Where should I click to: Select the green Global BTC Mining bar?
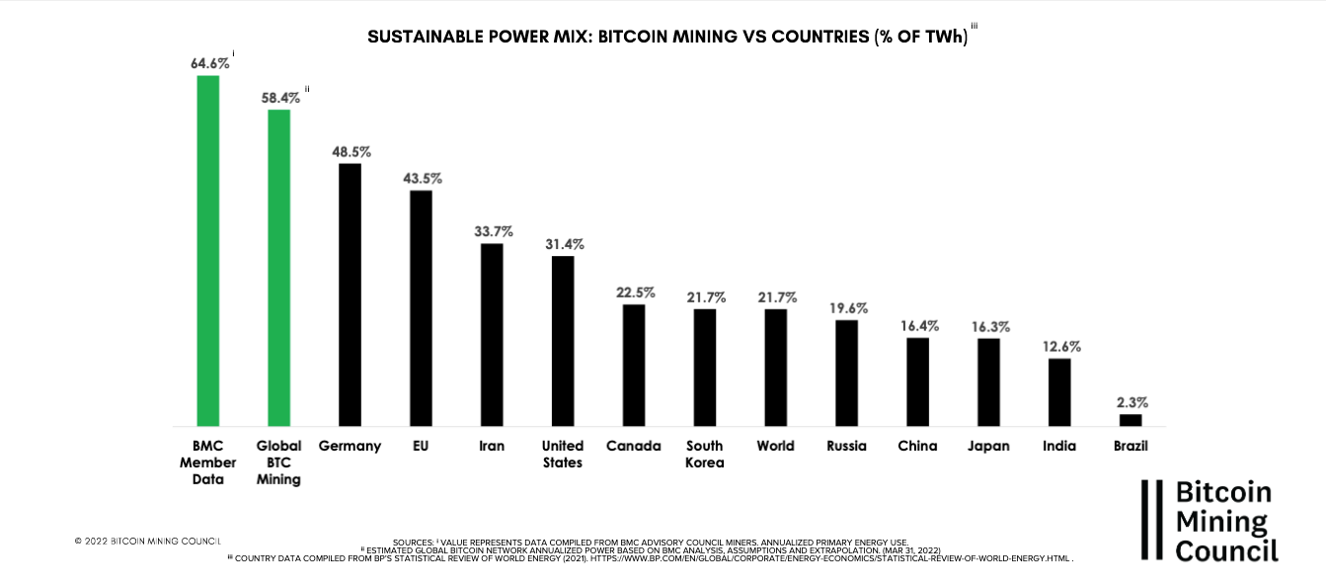pyautogui.click(x=278, y=267)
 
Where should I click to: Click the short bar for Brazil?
pyautogui.click(x=1131, y=420)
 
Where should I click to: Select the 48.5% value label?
pyautogui.click(x=351, y=152)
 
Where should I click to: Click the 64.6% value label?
pyautogui.click(x=209, y=63)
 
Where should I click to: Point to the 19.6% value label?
pyautogui.click(x=847, y=307)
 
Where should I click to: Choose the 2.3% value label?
pyautogui.click(x=1131, y=402)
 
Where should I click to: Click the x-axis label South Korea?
pyautogui.click(x=705, y=455)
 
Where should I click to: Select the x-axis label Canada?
pyautogui.click(x=634, y=446)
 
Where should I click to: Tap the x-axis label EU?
pyautogui.click(x=421, y=446)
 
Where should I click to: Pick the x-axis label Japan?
pyautogui.click(x=988, y=446)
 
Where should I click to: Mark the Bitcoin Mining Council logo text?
pyautogui.click(x=1225, y=521)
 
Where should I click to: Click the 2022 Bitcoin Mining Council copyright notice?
pyautogui.click(x=148, y=542)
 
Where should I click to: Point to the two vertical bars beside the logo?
pyautogui.click(x=1151, y=521)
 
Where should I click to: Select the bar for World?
pyautogui.click(x=776, y=367)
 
